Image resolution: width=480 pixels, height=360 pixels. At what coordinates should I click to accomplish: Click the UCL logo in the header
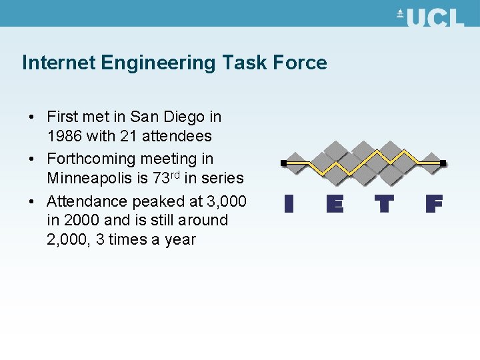(430, 17)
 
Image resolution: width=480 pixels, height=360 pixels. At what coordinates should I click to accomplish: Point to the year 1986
(65, 136)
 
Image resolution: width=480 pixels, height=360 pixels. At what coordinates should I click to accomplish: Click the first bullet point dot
(31, 117)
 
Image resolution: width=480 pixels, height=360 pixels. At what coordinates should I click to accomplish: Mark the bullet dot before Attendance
(31, 201)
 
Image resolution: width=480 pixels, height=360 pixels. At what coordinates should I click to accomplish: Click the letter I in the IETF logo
(288, 203)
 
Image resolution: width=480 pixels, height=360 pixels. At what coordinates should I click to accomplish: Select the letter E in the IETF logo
(335, 203)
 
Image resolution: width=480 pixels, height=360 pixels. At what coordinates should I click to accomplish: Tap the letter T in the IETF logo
(384, 203)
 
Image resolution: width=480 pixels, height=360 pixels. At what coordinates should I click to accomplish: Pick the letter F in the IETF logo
(434, 203)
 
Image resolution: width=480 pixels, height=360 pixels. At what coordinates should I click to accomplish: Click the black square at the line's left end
(283, 163)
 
